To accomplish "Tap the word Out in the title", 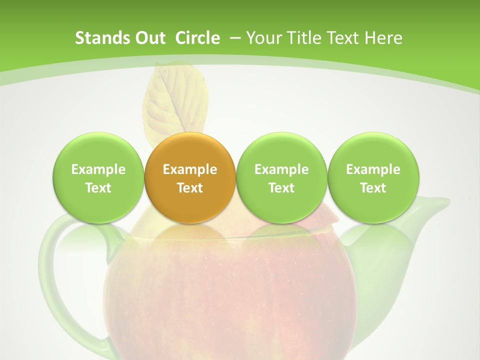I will click(x=149, y=38).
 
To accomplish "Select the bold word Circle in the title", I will click(x=197, y=38).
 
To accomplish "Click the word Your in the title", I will click(x=262, y=38).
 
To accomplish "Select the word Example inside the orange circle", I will click(x=190, y=169).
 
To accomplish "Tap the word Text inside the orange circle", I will click(x=190, y=188).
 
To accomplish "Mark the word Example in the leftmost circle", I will click(x=98, y=169).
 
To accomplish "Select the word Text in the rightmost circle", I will click(x=373, y=188).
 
